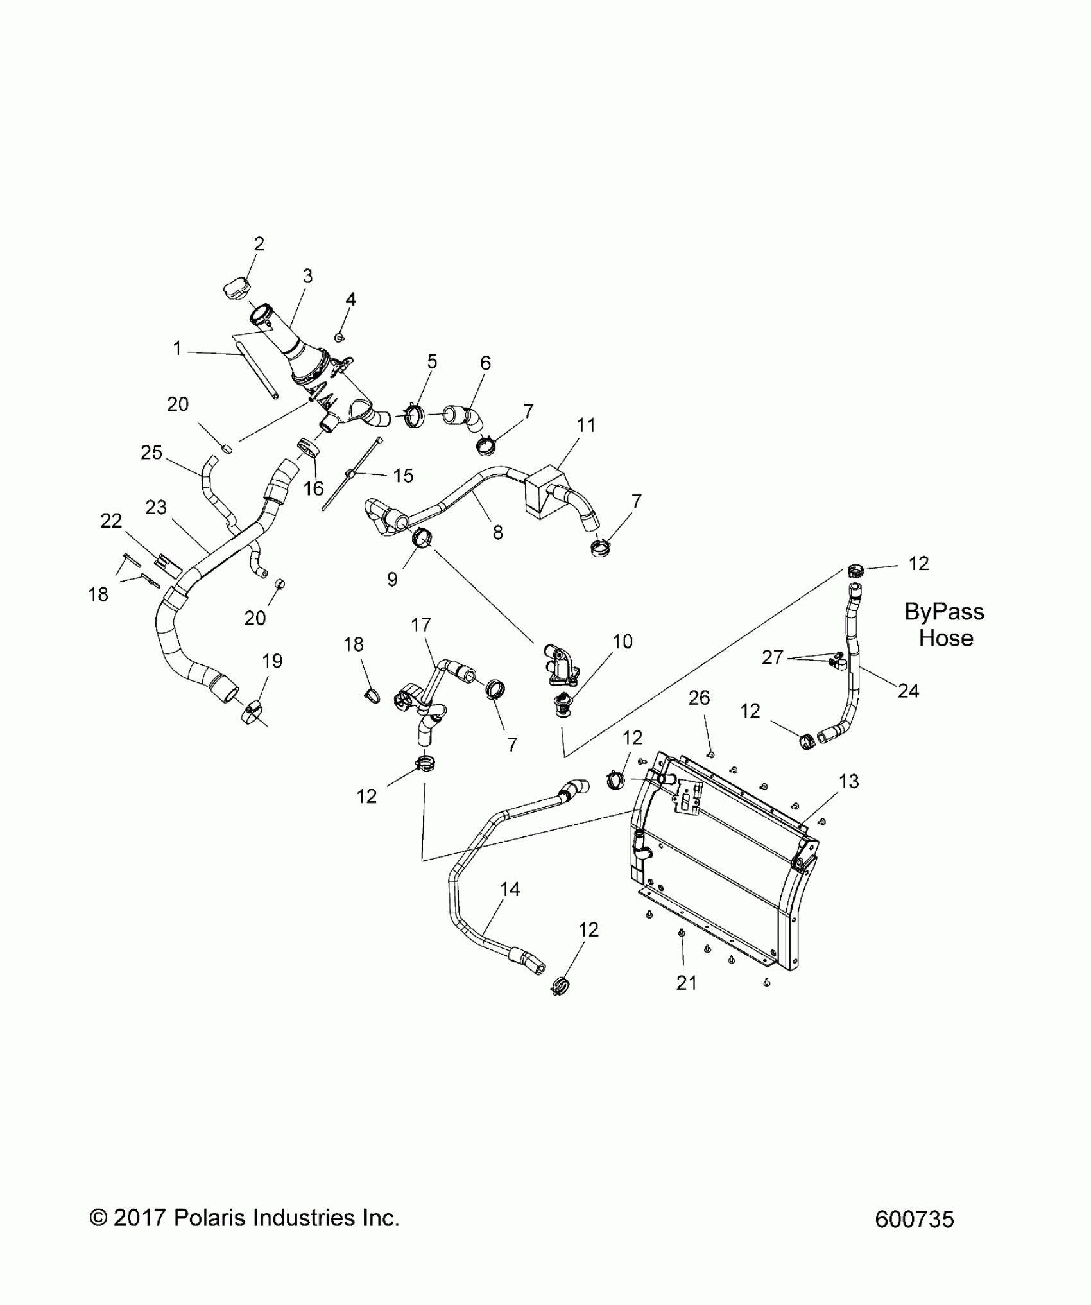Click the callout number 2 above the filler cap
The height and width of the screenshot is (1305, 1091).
click(259, 244)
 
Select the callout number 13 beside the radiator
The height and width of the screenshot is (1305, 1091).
click(848, 781)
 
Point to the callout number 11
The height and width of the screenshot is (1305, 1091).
click(586, 425)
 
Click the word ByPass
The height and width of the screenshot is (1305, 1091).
click(944, 612)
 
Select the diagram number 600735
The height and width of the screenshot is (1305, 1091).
click(915, 1220)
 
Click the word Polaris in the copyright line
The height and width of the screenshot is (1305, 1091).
click(211, 1218)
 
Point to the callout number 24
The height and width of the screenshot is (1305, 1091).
click(908, 691)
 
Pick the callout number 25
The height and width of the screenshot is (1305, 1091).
click(151, 453)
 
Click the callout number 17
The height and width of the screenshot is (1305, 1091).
click(421, 625)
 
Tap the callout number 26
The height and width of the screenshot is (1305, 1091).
click(699, 698)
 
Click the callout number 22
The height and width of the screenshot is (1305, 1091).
click(111, 521)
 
